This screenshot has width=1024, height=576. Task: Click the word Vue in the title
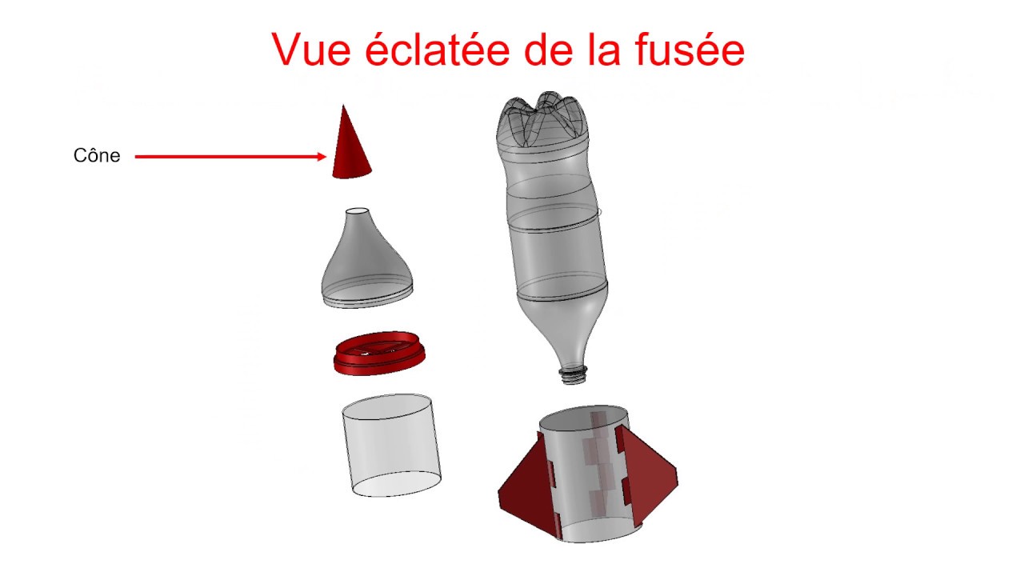point(311,50)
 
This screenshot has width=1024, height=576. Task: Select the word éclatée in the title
point(438,49)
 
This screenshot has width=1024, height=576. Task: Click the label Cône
point(97,155)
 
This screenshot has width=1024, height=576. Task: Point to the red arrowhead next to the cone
point(322,156)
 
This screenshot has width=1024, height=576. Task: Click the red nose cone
point(350,146)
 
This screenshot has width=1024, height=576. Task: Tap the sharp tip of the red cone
point(343,106)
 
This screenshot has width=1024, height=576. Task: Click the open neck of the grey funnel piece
point(357,212)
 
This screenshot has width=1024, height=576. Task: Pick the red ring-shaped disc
point(379,353)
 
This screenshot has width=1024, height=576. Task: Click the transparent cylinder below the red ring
point(392,446)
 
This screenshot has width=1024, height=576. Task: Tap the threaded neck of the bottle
point(574,374)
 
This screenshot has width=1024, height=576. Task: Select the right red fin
point(648,471)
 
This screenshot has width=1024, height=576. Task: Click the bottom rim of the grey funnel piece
point(368,299)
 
